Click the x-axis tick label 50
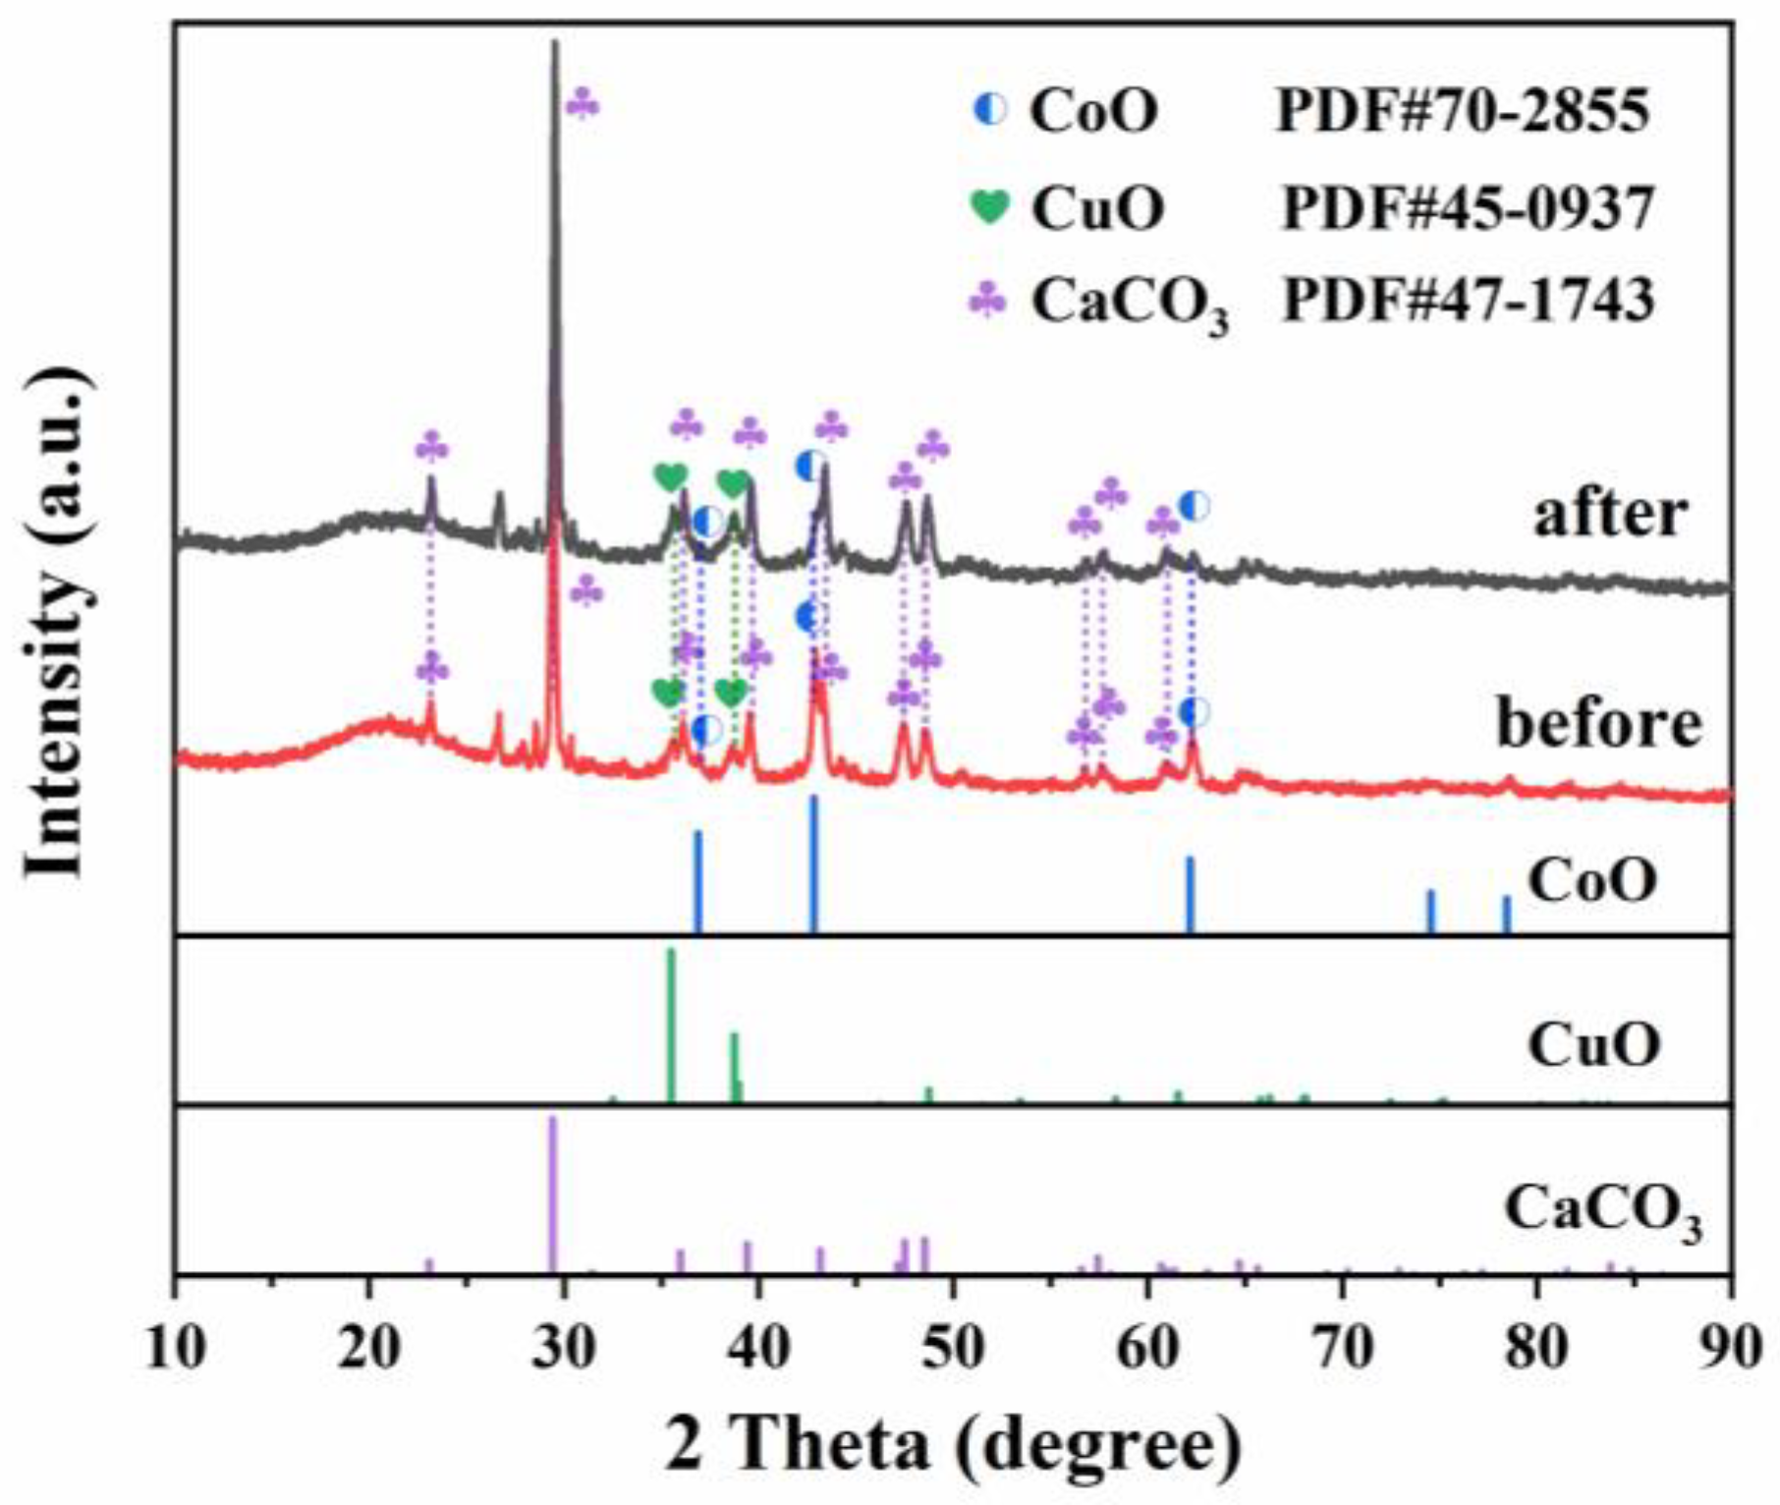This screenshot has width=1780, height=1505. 953,1348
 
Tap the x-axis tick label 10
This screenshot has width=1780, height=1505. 176,1348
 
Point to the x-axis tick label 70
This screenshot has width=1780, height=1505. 1342,1348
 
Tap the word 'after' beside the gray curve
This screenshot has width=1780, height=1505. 1609,513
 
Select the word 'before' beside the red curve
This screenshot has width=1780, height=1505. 1598,724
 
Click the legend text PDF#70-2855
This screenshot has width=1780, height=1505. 1462,111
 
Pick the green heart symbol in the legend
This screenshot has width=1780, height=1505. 989,206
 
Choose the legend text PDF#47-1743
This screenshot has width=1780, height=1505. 1468,300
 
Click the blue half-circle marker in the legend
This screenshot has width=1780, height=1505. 989,110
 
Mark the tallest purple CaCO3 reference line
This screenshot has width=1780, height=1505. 553,1194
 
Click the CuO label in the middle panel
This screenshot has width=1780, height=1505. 1593,1044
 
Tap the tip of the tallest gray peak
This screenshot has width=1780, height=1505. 555,44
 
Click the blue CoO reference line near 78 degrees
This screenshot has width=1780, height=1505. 1506,914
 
